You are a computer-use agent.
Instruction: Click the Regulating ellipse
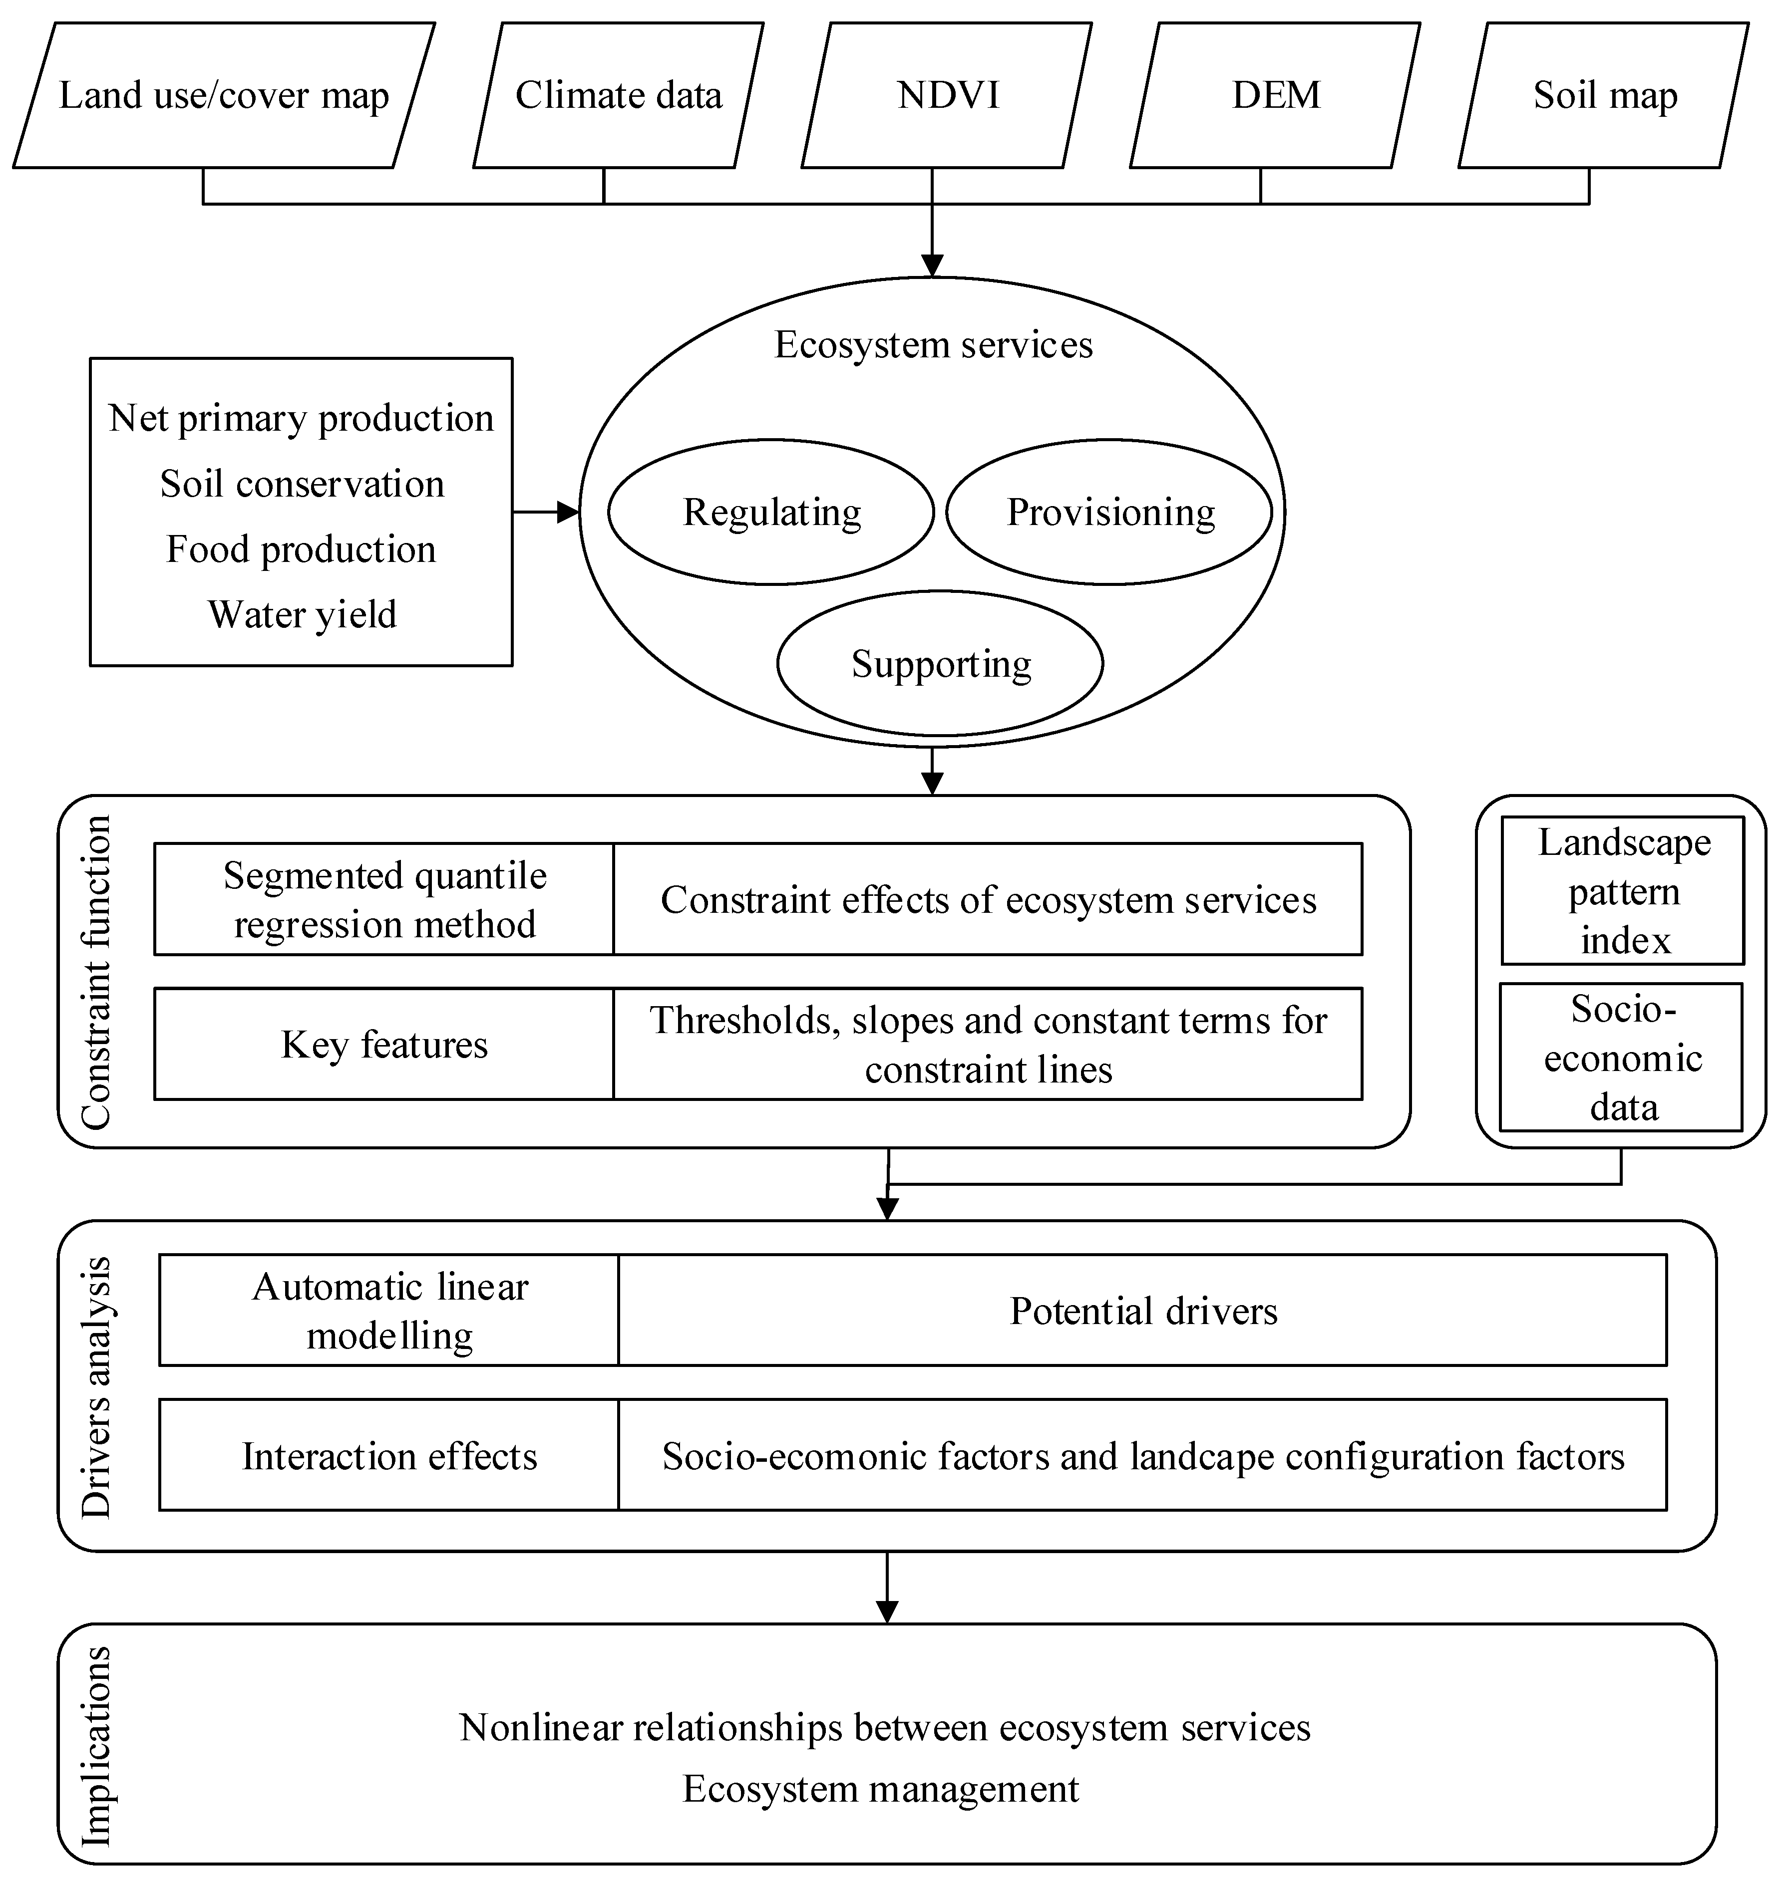pyautogui.click(x=771, y=513)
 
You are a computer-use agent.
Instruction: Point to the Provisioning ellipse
pyautogui.click(x=1109, y=513)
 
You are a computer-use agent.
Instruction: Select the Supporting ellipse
pyautogui.click(x=940, y=664)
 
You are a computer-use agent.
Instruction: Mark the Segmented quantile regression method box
pyautogui.click(x=384, y=899)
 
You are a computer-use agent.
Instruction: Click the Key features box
pyautogui.click(x=384, y=1045)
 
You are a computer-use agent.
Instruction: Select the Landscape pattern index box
pyautogui.click(x=1623, y=891)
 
